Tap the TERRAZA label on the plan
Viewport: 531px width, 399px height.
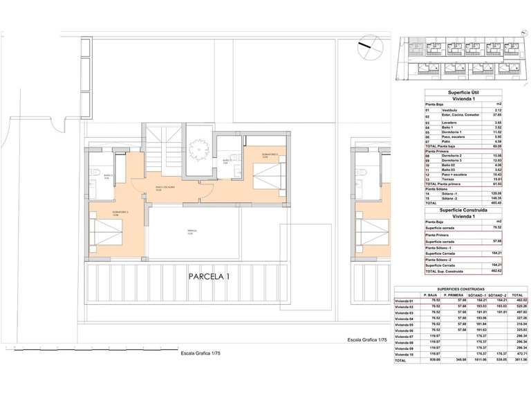click(x=190, y=231)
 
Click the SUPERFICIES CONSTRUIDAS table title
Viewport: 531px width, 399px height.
click(x=460, y=288)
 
